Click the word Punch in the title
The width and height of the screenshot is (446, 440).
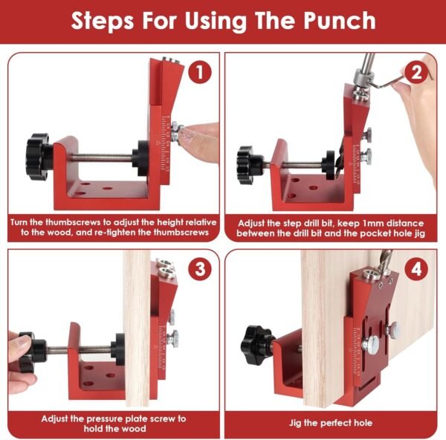coord(339,21)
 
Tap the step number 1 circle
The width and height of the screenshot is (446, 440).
coord(200,72)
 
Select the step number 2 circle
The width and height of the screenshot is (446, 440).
coord(416,72)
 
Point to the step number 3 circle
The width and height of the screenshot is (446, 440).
coord(200,269)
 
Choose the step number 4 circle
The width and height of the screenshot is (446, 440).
coord(416,269)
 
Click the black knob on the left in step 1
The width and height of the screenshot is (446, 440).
coord(39,157)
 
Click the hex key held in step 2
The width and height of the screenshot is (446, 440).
coord(398,82)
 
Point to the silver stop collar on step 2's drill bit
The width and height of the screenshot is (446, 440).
coord(363,77)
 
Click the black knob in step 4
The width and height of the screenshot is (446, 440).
coord(256,345)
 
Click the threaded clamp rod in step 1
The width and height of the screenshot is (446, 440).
coord(101,157)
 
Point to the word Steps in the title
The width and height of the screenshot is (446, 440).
coord(102,21)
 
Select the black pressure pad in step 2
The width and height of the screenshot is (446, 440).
coord(330,165)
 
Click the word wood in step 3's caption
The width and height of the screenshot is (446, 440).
coord(135,429)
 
